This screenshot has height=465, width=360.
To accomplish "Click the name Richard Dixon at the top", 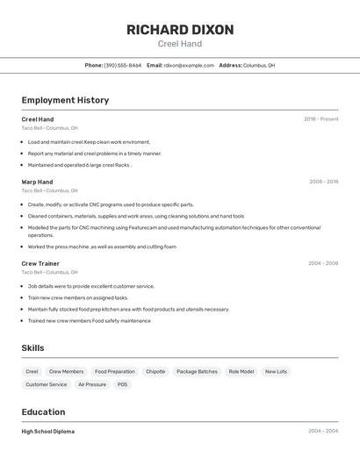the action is click(180, 30).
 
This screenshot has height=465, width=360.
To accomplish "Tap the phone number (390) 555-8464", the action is click(123, 65).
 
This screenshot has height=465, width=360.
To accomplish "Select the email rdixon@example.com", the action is click(189, 65).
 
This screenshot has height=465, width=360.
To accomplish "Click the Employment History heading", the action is click(65, 100).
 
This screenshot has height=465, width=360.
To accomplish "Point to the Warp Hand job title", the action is click(37, 182).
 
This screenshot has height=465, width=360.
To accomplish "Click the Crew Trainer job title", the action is click(40, 263).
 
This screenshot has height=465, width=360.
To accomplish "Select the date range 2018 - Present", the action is click(320, 119).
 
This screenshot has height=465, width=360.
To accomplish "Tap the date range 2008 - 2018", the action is click(323, 182).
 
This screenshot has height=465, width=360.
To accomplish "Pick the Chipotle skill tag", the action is click(155, 371).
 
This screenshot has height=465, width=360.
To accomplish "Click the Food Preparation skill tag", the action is click(115, 371).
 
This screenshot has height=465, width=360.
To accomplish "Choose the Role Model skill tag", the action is click(241, 371).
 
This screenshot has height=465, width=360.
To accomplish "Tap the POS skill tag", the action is click(122, 384).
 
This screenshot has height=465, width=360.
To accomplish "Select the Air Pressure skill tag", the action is click(92, 384).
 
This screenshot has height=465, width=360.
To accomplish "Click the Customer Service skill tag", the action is click(47, 384).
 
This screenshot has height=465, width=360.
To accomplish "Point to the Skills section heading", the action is click(32, 348).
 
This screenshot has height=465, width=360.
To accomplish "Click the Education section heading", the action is click(43, 411).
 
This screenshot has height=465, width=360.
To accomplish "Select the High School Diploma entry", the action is click(47, 432).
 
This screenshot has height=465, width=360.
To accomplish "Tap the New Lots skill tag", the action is click(276, 371).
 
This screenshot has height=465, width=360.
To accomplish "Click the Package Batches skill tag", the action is click(197, 371).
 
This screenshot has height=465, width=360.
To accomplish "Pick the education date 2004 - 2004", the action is click(323, 432).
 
